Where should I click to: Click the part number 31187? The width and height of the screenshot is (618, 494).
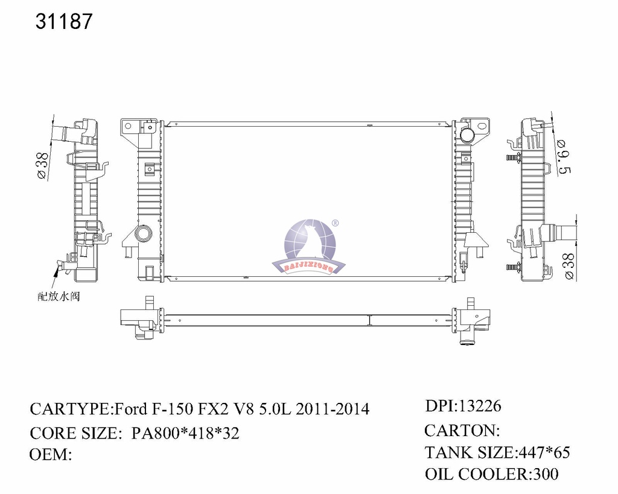pyautogui.click(x=65, y=22)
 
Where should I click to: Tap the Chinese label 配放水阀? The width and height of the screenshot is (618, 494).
pyautogui.click(x=59, y=296)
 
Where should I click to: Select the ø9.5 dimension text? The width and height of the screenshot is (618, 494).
pyautogui.click(x=564, y=156)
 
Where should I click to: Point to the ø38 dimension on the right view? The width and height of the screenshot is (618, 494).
pyautogui.click(x=567, y=266)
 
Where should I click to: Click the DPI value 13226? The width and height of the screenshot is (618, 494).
pyautogui.click(x=480, y=406)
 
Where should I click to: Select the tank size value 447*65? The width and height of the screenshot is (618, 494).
pyautogui.click(x=542, y=452)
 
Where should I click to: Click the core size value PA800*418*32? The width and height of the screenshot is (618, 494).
pyautogui.click(x=185, y=433)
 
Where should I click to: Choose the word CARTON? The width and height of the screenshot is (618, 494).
pyautogui.click(x=462, y=430)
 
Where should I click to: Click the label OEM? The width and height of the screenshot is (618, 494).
pyautogui.click(x=51, y=454)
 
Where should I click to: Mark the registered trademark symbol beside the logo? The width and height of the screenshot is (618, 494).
pyautogui.click(x=336, y=223)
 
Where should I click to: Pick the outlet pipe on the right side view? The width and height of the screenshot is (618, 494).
pyautogui.click(x=565, y=233)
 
